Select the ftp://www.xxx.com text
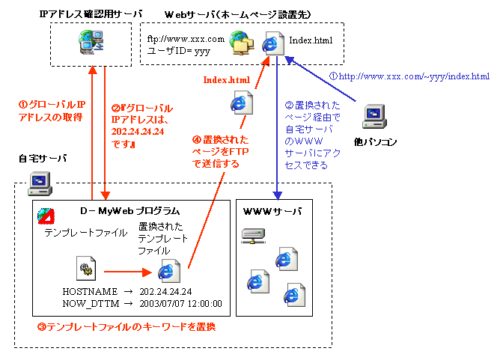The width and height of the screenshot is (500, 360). coord(186,39)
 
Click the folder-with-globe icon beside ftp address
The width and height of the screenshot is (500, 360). coord(241,44)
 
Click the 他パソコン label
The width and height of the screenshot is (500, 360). coord(376,141)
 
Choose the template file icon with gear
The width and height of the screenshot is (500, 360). coord(85,268)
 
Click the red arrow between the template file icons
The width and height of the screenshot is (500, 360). coord(127,273)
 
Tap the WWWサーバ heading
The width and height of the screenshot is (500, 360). coord(272,212)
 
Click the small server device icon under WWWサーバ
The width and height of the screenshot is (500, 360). coord(252,237)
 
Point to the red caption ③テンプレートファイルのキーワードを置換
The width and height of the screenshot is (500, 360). coord(121,327)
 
